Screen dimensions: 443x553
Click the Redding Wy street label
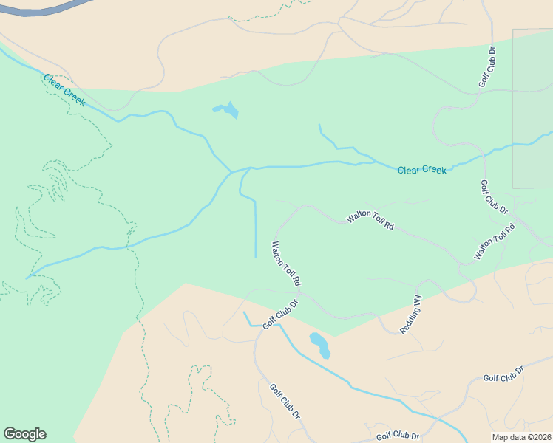coord(411,315)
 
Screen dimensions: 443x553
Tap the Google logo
coord(24,434)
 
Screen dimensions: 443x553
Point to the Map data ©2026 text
coord(522,436)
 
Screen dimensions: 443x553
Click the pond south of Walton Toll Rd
coord(319,343)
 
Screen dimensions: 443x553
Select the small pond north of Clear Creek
coord(228,111)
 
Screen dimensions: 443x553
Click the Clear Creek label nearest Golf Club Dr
coord(421,170)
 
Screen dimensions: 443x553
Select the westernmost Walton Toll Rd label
coord(286,264)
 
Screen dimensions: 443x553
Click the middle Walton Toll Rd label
coord(371,220)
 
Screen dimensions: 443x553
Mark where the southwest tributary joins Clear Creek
coord(231,172)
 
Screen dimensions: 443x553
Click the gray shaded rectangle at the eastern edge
coord(532,109)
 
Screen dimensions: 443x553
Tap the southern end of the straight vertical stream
coord(256,257)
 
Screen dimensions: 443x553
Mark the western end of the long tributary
coord(27,278)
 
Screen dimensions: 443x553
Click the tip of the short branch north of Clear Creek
coord(319,125)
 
